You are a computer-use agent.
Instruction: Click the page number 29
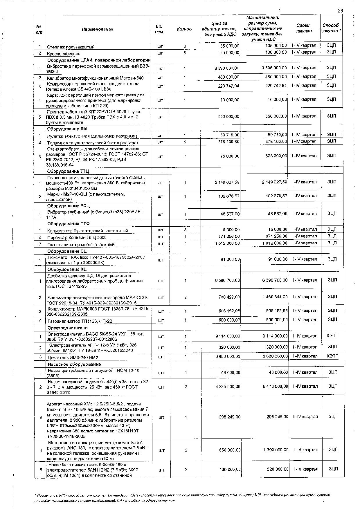click(x=340, y=11)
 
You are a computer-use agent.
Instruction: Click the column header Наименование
click(x=98, y=29)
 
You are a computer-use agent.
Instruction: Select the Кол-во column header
click(x=184, y=29)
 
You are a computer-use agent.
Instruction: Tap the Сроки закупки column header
click(x=303, y=28)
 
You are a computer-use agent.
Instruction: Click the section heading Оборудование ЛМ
click(x=67, y=129)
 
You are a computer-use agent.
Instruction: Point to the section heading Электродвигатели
click(x=67, y=328)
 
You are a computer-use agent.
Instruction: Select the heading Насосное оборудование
click(x=74, y=364)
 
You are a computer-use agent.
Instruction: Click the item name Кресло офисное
click(x=64, y=54)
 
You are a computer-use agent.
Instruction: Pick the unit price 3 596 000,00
click(x=227, y=68)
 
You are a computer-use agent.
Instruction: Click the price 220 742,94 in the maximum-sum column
click(x=274, y=86)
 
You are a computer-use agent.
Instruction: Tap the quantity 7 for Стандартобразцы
click(x=185, y=156)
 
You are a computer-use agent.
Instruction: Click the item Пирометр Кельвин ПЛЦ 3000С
click(x=77, y=238)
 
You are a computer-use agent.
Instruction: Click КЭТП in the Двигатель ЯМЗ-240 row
click(x=333, y=356)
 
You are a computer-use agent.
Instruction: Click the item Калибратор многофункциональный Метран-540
click(x=95, y=78)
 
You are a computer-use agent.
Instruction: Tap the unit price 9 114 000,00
click(x=228, y=336)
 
